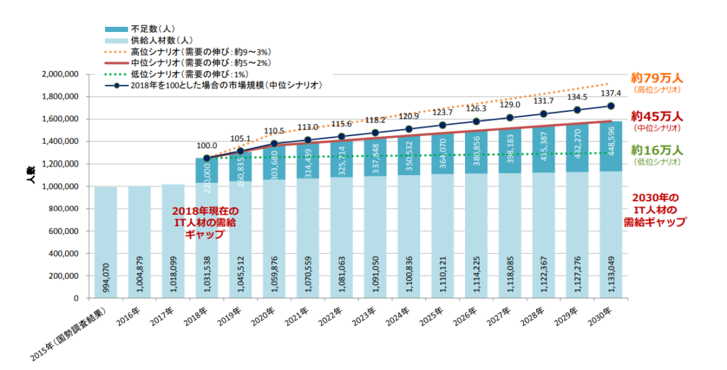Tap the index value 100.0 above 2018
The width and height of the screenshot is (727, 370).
coord(207,145)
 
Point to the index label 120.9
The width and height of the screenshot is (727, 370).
coord(408,116)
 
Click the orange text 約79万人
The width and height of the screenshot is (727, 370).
coord(657,77)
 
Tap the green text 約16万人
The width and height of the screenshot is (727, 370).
coord(657,150)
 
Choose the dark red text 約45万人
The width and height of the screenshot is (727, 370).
coord(657,116)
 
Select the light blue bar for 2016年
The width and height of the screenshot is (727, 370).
coord(139,242)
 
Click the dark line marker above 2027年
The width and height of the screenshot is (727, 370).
coord(509,118)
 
